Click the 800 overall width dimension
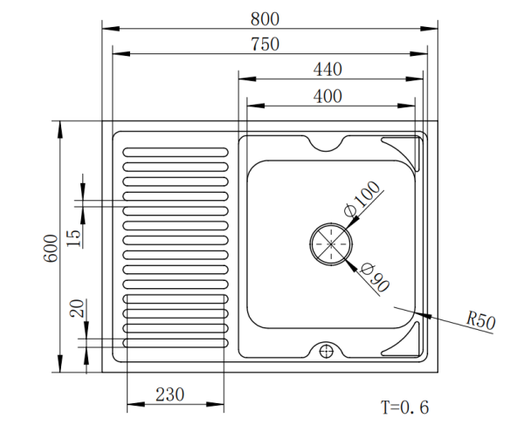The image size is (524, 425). click(265, 19)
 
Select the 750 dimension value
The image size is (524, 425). click(265, 44)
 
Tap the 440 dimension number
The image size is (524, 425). click(327, 70)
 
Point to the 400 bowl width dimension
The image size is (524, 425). click(327, 96)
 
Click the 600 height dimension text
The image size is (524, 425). click(51, 248)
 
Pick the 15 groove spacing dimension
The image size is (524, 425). click(74, 238)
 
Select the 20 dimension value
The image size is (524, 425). click(77, 308)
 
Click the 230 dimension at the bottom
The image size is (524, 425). click(169, 394)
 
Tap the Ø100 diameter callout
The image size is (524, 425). click(362, 198)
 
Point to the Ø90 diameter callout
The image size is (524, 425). click(376, 278)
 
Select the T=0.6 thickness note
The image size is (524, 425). click(404, 408)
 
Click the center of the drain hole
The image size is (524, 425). click(331, 243)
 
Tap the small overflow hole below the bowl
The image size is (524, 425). click(327, 351)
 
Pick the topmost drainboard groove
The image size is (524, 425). click(176, 152)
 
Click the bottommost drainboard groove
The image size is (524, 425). click(176, 343)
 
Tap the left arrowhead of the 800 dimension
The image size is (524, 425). click(111, 29)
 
